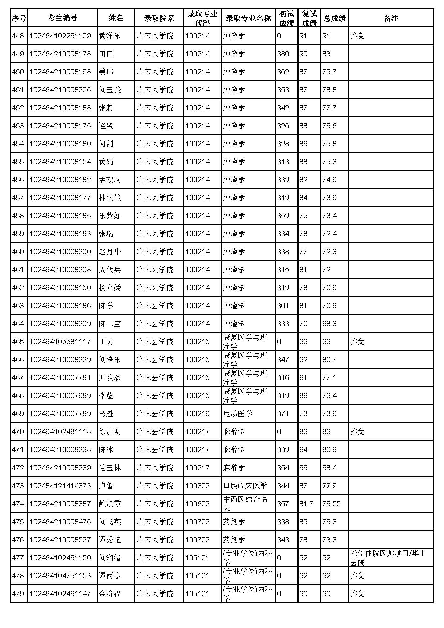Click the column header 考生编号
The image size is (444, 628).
click(62, 18)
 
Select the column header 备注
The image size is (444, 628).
click(391, 18)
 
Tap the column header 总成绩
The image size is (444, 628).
click(334, 18)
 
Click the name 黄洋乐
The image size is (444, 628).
click(109, 36)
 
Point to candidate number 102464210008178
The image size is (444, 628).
click(60, 54)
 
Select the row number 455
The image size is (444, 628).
click(18, 162)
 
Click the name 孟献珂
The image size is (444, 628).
click(109, 180)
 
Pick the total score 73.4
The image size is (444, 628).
click(329, 216)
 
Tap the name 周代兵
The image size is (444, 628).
click(109, 270)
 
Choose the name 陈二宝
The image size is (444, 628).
click(109, 324)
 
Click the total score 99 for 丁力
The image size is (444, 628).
click(326, 342)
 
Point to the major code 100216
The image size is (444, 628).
click(197, 413)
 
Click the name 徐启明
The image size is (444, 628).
click(109, 432)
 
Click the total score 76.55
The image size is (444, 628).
click(331, 504)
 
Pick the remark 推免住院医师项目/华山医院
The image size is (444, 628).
click(388, 558)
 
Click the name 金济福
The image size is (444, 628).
click(109, 594)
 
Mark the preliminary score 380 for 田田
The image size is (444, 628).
click(283, 54)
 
